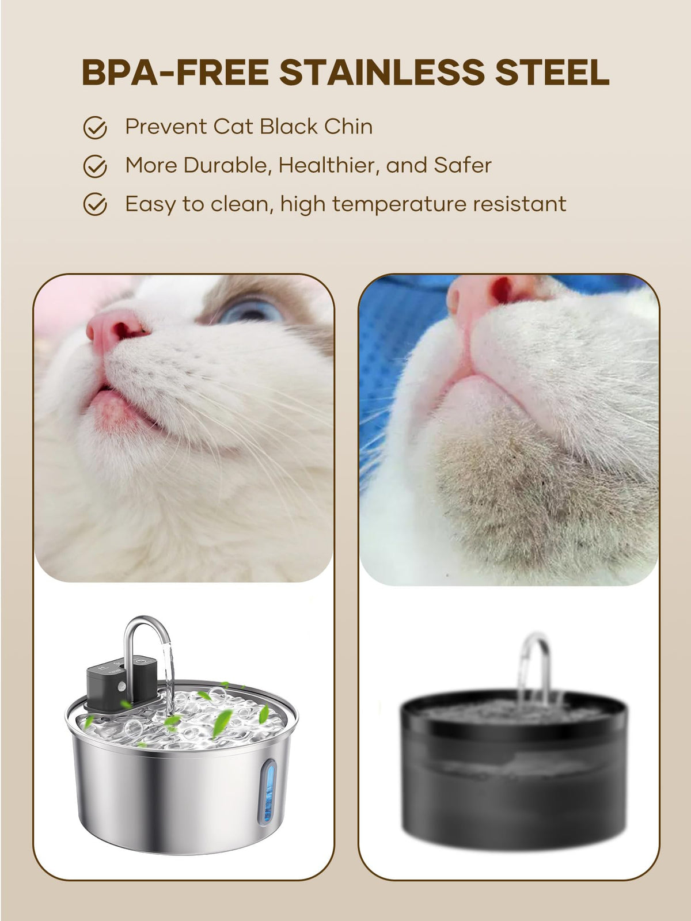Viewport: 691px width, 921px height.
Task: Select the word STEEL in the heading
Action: [x=552, y=72]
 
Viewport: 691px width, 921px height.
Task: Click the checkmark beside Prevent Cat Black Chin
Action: [x=95, y=128]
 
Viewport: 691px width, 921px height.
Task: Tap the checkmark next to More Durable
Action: [x=95, y=166]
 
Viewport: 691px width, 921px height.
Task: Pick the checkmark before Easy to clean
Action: [x=95, y=204]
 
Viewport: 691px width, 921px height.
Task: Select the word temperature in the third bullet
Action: [x=399, y=205]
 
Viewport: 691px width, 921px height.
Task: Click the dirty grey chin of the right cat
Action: [x=541, y=495]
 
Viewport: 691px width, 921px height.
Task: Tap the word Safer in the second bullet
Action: [x=462, y=165]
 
